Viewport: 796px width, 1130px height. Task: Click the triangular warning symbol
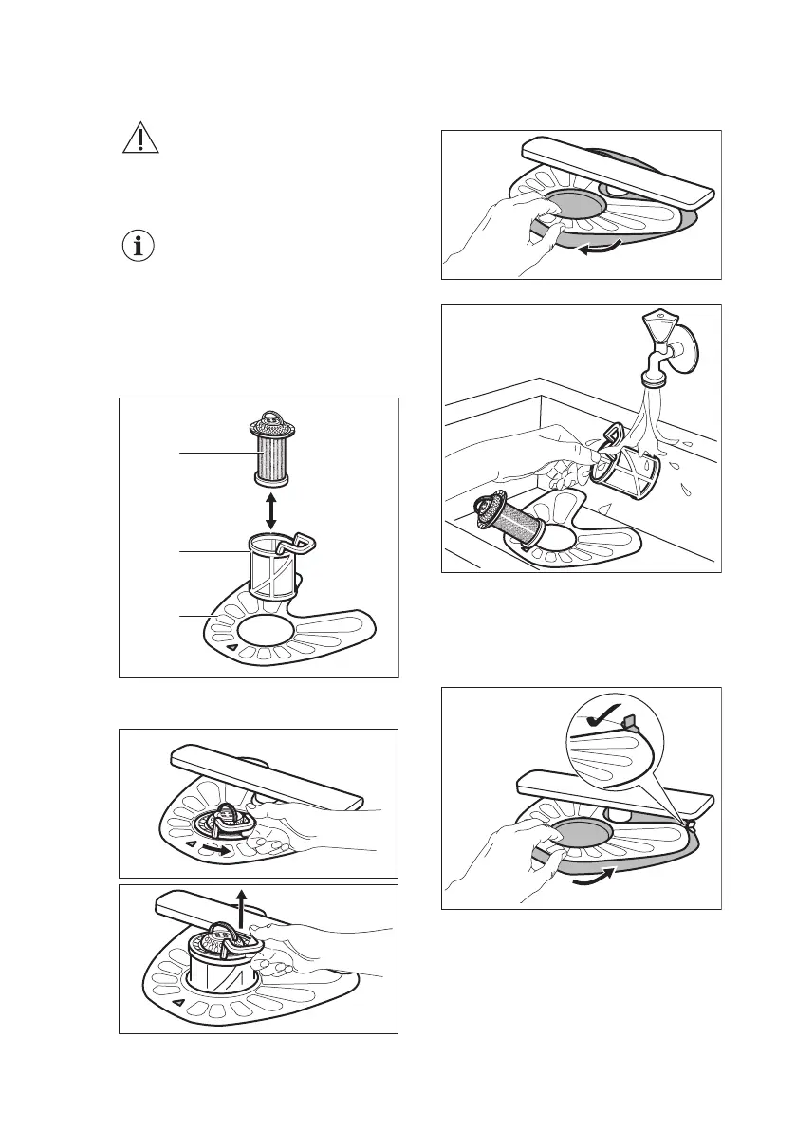point(140,139)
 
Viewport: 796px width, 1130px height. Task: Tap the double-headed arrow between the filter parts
point(272,510)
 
